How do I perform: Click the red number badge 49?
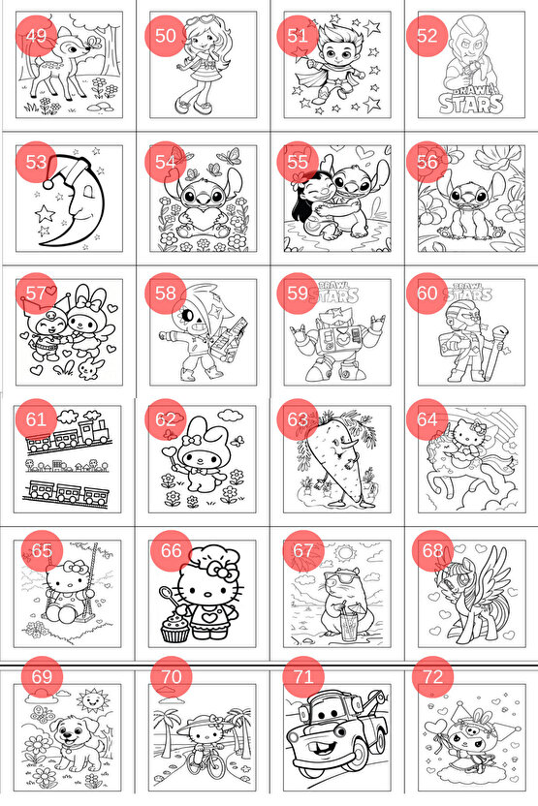tap(36, 36)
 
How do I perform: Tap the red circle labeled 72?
tap(432, 676)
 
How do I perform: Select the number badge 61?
tap(36, 418)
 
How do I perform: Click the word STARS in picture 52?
tap(471, 105)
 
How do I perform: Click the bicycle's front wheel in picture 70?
tap(213, 778)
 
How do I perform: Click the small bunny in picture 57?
tap(89, 369)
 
